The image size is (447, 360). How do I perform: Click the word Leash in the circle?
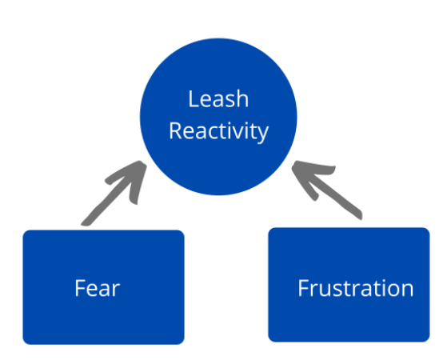(218, 99)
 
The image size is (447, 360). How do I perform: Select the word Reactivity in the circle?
(218, 130)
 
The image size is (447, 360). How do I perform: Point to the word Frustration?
(355, 288)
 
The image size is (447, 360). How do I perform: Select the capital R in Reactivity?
(174, 130)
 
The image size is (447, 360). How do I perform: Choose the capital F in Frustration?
(303, 288)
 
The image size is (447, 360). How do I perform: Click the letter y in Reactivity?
(263, 133)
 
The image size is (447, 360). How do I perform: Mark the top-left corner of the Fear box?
(25, 232)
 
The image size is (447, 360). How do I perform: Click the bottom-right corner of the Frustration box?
(428, 339)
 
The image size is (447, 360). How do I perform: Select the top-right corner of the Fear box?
(182, 232)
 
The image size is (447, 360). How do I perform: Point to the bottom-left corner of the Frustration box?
(269, 339)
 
